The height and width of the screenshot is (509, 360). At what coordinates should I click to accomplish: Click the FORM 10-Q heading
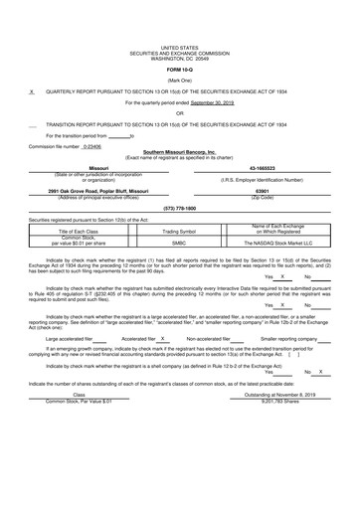pyautogui.click(x=180, y=71)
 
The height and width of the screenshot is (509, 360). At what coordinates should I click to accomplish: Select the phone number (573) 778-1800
pyautogui.click(x=179, y=208)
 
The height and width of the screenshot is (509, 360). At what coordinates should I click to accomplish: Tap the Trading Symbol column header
pyautogui.click(x=179, y=232)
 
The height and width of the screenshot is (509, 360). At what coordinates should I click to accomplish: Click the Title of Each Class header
pyautogui.click(x=77, y=232)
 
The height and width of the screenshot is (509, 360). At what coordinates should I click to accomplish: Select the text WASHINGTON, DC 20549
pyautogui.click(x=180, y=58)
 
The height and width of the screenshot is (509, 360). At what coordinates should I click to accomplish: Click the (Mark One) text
pyautogui.click(x=180, y=81)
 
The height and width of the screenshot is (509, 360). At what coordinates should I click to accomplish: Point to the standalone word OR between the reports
pyautogui.click(x=180, y=113)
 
